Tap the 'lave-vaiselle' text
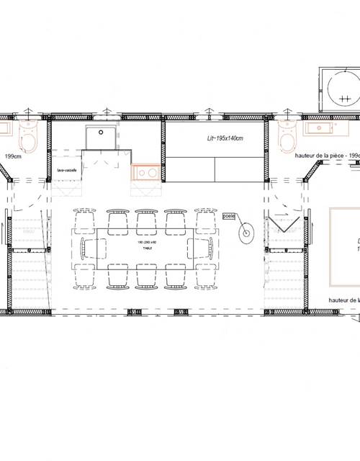tap(67, 170)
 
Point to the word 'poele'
tap(230, 215)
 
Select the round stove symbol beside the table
tap(246, 232)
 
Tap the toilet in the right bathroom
tap(286, 135)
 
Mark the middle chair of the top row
tap(145, 220)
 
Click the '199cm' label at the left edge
tap(12, 156)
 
